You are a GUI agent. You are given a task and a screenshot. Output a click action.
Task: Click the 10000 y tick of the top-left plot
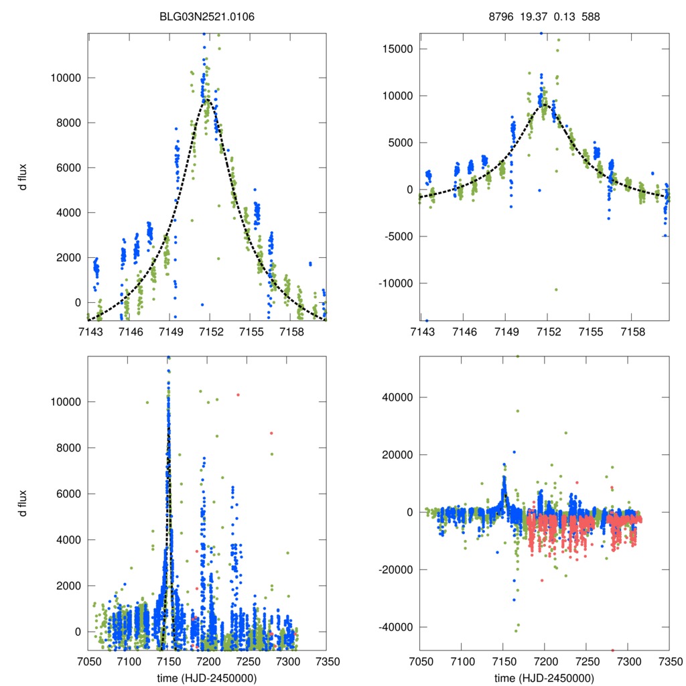(x=66, y=78)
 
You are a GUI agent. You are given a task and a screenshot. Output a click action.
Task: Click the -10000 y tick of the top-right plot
(x=395, y=283)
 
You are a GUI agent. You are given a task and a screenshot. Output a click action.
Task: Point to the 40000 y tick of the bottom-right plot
(x=397, y=397)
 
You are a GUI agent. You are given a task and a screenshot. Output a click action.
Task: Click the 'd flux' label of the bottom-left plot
(x=23, y=502)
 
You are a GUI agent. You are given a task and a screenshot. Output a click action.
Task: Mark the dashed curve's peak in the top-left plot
(x=208, y=100)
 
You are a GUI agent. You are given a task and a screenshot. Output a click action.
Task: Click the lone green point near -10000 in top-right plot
(x=556, y=289)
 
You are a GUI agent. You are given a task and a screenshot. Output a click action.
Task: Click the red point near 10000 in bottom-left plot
(x=238, y=395)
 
